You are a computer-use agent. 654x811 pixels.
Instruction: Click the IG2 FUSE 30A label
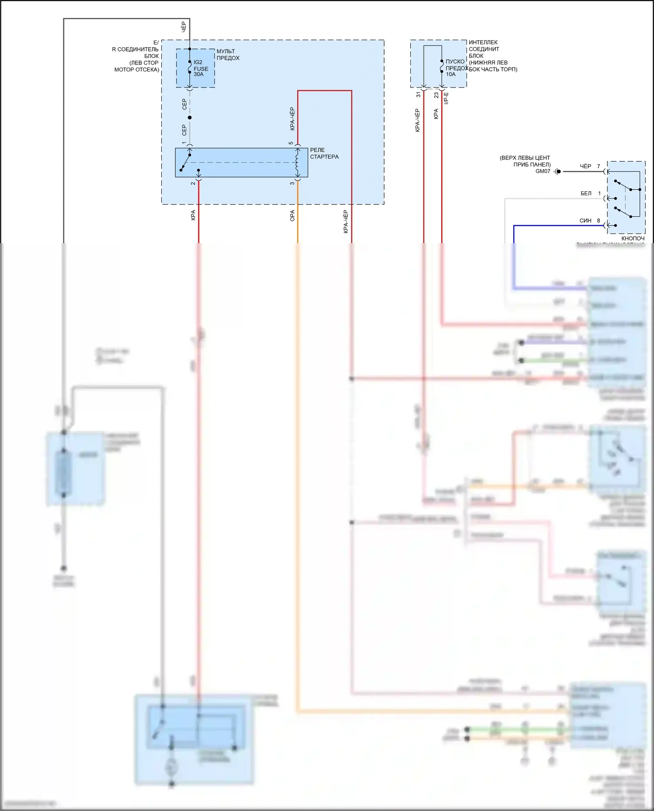tap(201, 68)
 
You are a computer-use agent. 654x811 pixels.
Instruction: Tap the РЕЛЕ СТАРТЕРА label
tap(324, 153)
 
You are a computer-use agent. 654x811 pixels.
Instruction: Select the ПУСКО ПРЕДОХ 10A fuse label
tap(456, 68)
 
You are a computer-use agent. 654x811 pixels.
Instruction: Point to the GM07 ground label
tap(543, 172)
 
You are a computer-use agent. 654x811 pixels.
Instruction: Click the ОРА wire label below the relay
tap(293, 216)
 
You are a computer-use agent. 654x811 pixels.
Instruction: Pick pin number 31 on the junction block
tap(419, 95)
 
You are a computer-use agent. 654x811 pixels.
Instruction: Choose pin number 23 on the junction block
tap(436, 95)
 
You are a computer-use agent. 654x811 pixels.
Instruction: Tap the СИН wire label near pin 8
tap(585, 221)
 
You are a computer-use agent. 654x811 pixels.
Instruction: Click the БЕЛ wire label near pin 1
tap(586, 193)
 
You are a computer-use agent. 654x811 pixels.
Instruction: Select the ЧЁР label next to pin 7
tap(586, 166)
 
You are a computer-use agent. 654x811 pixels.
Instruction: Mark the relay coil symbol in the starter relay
tap(298, 163)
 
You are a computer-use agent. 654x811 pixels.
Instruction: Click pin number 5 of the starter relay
tap(291, 143)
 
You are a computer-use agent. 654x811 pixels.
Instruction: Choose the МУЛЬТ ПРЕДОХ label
tap(228, 54)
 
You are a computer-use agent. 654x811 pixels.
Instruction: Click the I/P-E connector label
tap(446, 98)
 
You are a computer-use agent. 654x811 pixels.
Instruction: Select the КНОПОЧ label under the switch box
tap(633, 238)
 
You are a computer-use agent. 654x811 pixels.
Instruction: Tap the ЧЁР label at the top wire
tap(184, 27)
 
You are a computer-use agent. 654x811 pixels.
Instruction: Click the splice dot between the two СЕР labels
tap(190, 118)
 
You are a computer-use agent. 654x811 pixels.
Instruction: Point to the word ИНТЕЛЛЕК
tap(483, 42)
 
